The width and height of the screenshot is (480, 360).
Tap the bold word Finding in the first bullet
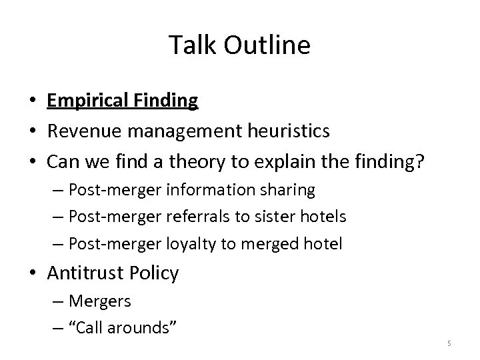click(166, 101)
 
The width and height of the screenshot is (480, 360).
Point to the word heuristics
click(289, 131)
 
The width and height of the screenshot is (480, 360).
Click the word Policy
click(155, 273)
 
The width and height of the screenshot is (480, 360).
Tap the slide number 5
click(449, 343)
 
